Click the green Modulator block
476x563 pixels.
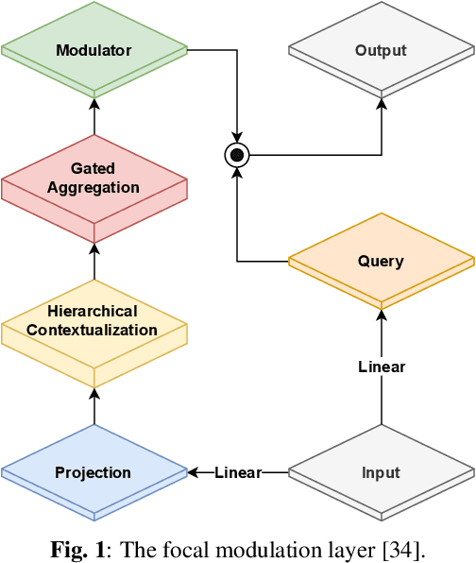94,49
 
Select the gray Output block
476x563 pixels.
381,50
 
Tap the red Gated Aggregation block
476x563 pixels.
94,179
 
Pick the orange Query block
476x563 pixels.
381,261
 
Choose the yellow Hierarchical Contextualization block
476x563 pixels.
94,320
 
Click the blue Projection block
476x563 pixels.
94,472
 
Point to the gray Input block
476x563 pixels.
381,472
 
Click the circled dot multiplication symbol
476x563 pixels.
236,155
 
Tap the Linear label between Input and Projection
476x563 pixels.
238,472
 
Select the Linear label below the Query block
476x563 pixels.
382,367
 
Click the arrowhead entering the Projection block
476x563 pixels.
193,472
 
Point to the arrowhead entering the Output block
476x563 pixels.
382,99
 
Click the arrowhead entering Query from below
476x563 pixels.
382,311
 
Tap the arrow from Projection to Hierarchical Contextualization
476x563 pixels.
94,406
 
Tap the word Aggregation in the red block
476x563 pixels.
94,187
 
